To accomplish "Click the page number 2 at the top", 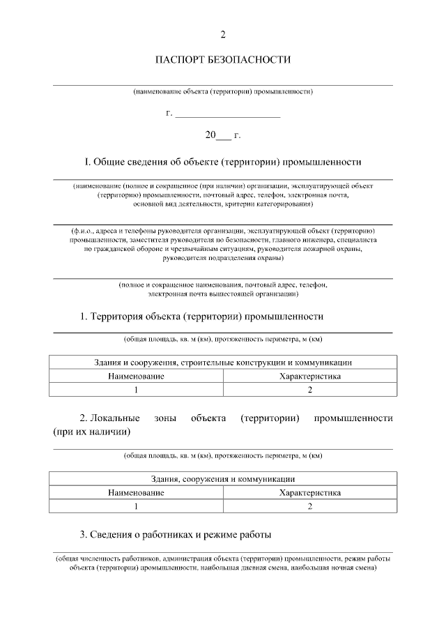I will (223, 34).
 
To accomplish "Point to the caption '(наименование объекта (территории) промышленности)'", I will (223, 91).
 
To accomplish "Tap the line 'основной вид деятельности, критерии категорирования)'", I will (223, 205).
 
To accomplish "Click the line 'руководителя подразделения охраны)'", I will (223, 259).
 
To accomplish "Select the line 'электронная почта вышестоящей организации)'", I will (223, 294).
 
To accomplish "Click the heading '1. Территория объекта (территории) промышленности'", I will (202, 317).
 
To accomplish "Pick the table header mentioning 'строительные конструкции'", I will (223, 363).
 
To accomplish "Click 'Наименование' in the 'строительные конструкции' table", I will (137, 376).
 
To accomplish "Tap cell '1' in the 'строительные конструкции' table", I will (137, 389).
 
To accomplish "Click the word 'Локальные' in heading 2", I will (115, 418).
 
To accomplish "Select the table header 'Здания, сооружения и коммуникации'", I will (223, 479).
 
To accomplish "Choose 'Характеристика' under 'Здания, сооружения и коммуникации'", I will (309, 492).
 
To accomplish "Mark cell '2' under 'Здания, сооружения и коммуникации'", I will (309, 505).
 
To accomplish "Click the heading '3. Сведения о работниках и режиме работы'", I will (176, 535).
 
